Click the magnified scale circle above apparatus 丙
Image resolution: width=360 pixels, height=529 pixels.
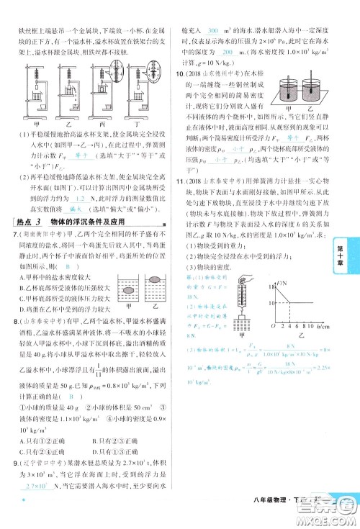pyautogui.click(x=109, y=59)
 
